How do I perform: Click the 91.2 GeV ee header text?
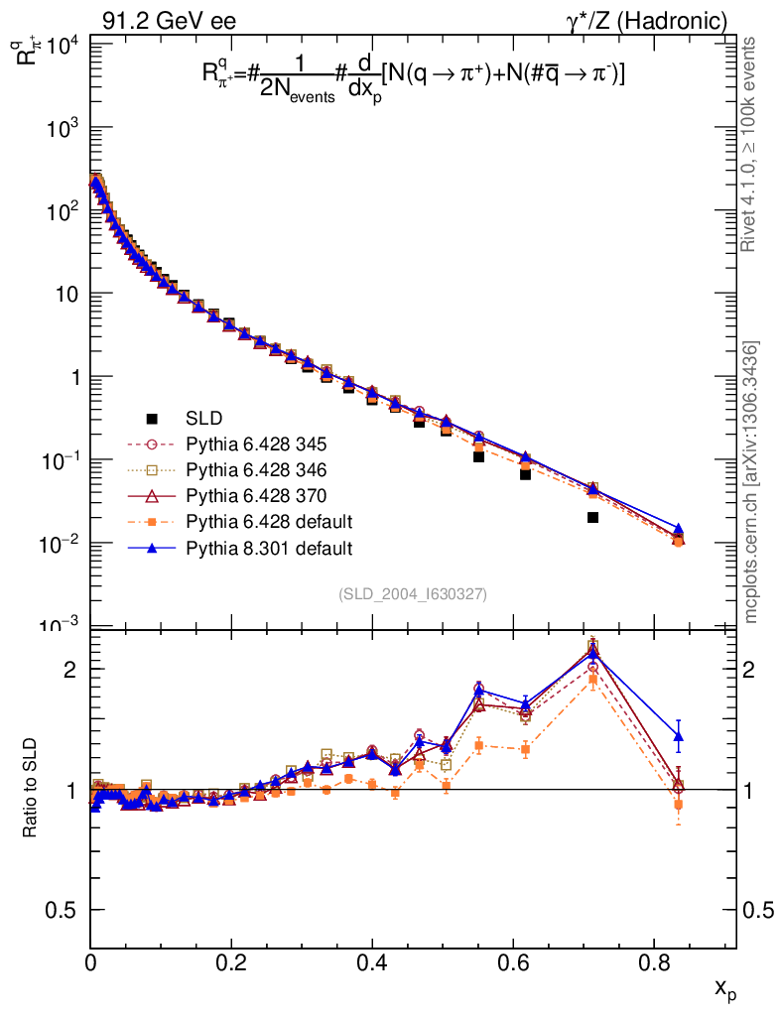click(x=169, y=20)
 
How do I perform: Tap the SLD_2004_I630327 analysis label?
click(x=413, y=594)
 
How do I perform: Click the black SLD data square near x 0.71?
click(x=592, y=517)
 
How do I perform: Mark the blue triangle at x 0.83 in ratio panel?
click(x=679, y=736)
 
